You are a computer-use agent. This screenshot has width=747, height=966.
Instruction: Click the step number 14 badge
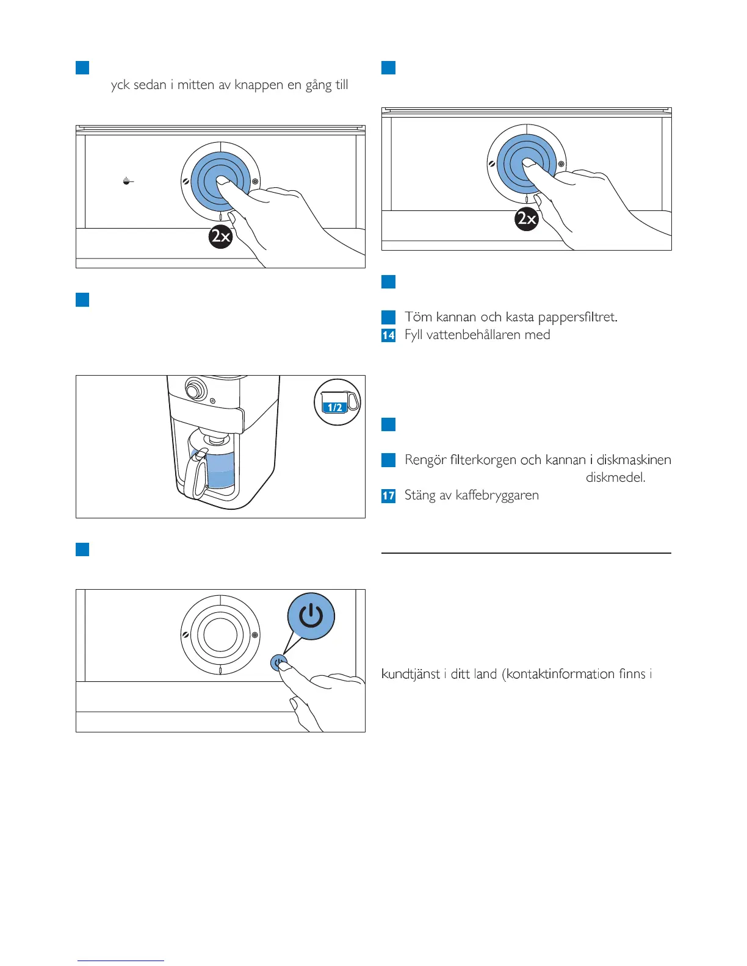click(x=388, y=335)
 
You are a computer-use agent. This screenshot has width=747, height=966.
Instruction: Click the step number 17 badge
click(x=388, y=496)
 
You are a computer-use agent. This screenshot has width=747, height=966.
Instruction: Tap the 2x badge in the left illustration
click(x=220, y=236)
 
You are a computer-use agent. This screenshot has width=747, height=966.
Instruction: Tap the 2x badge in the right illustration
click(x=526, y=218)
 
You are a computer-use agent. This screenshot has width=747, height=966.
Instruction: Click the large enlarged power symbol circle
click(x=311, y=616)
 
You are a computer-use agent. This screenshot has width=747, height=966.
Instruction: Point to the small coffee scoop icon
click(x=127, y=181)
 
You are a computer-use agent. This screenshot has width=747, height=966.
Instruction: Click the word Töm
click(x=418, y=317)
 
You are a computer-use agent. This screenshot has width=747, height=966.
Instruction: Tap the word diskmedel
click(x=615, y=478)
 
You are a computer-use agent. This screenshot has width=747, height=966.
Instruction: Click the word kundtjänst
click(x=411, y=674)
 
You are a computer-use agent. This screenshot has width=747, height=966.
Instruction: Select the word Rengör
click(x=425, y=460)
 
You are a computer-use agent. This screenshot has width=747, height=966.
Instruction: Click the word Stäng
click(x=419, y=495)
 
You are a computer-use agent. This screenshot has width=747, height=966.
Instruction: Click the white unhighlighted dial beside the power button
click(x=220, y=634)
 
